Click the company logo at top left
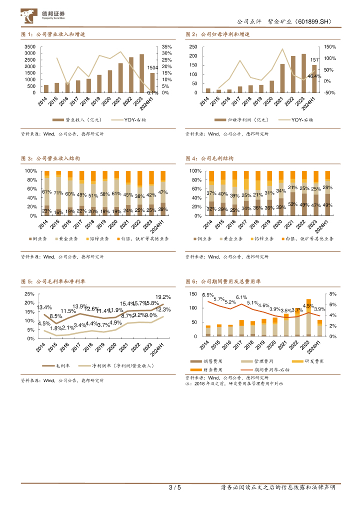pos(43,16)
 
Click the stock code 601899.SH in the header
pos(311,22)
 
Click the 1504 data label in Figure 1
pos(152,67)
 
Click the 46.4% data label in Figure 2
pos(314,76)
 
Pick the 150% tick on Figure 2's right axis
pos(330,46)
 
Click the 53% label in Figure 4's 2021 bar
pos(293,204)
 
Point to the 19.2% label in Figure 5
pos(163,297)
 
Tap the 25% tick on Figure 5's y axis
pos(29,294)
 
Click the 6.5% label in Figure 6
pos(208,295)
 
